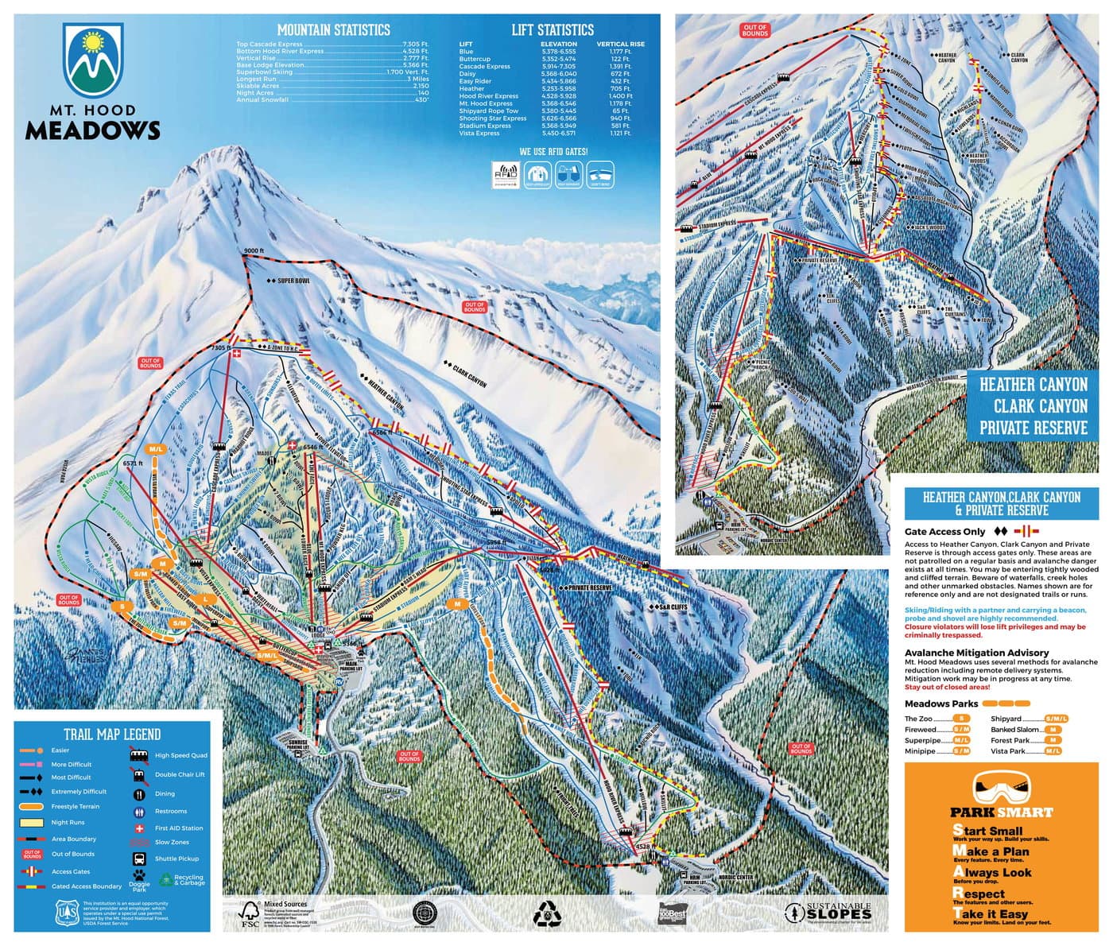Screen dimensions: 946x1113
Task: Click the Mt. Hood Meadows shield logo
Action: (x=93, y=60)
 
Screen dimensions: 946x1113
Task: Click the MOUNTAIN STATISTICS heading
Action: (x=333, y=30)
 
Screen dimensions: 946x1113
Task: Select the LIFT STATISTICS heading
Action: (x=553, y=30)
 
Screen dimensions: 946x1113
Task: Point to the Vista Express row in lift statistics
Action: (x=545, y=134)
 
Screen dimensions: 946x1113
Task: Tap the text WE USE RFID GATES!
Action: (x=553, y=151)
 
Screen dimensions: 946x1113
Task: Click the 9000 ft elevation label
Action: (x=254, y=251)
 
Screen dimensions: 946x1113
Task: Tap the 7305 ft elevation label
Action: (x=219, y=348)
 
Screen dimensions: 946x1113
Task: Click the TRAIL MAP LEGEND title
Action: (x=112, y=735)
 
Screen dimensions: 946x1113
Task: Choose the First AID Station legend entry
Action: (x=178, y=828)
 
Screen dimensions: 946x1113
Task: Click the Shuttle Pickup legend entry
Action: (x=176, y=859)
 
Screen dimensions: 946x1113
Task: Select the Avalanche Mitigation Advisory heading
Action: (x=976, y=653)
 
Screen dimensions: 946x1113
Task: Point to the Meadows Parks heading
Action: (x=941, y=704)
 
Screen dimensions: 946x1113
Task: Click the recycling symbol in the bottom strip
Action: (x=547, y=914)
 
